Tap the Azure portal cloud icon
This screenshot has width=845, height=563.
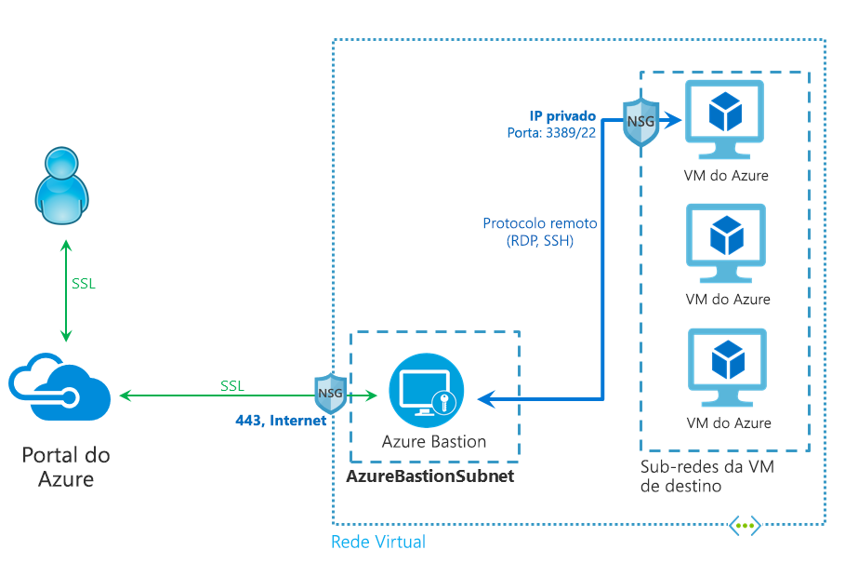click(x=59, y=392)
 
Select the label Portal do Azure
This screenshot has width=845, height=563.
click(x=65, y=467)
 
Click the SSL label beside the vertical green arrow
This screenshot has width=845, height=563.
click(x=84, y=284)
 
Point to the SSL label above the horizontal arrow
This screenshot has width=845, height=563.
click(x=233, y=385)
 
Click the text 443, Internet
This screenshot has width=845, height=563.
click(x=281, y=421)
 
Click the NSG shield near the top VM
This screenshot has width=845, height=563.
click(x=640, y=122)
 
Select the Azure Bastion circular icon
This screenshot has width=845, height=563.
click(x=427, y=392)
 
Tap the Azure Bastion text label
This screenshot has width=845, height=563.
click(x=434, y=441)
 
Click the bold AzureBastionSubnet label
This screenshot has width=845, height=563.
click(x=429, y=476)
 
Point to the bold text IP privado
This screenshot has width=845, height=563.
click(x=563, y=116)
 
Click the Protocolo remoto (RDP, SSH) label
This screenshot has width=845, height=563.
click(x=540, y=232)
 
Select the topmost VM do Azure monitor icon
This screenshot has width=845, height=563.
click(x=724, y=116)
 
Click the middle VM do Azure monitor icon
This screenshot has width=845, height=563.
click(x=726, y=241)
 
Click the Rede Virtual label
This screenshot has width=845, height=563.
click(x=378, y=542)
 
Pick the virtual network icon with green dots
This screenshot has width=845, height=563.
click(x=745, y=526)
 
